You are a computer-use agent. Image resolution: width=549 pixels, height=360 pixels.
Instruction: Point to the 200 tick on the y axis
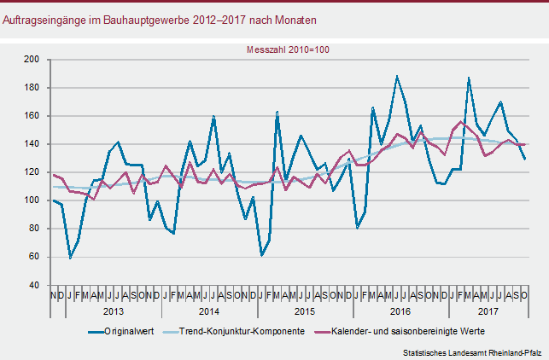point(33,60)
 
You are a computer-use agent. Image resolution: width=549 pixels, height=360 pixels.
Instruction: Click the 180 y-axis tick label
point(33,88)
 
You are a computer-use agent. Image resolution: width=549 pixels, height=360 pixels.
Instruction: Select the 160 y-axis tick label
point(33,116)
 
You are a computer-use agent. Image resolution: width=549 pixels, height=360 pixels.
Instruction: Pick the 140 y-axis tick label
point(33,144)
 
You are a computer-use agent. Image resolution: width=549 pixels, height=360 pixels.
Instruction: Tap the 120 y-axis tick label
point(33,172)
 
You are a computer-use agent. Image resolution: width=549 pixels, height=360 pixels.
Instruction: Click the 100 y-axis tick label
point(33,200)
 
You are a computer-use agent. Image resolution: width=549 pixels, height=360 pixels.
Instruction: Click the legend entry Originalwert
point(128,331)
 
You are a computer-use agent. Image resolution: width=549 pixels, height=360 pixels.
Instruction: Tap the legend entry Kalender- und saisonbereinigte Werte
point(408,331)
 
